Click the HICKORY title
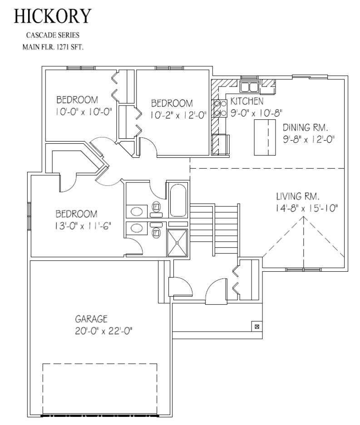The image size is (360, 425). (x=53, y=16)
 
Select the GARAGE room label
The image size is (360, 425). (x=91, y=319)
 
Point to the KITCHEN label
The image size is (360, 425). (x=247, y=100)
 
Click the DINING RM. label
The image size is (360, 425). (x=305, y=127)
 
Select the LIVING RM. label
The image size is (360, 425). (x=298, y=197)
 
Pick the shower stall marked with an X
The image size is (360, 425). (x=177, y=243)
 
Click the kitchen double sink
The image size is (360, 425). (x=249, y=87)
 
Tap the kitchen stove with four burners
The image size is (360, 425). (x=220, y=108)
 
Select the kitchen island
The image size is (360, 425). (x=265, y=137)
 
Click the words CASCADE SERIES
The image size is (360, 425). (x=53, y=34)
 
